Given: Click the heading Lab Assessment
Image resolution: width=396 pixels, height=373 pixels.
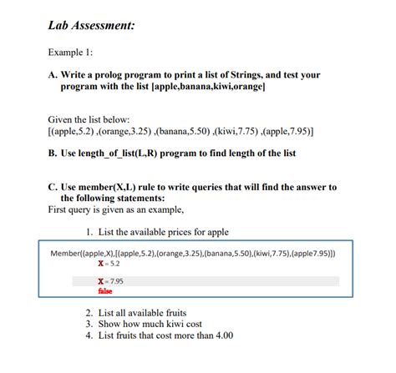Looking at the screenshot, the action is coord(92,26).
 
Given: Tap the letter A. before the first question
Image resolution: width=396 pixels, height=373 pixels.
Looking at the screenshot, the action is coord(54,76).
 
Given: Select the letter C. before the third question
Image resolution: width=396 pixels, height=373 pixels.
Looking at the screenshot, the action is coord(54,188).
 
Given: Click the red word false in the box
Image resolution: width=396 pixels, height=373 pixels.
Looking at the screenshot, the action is coord(105,292).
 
